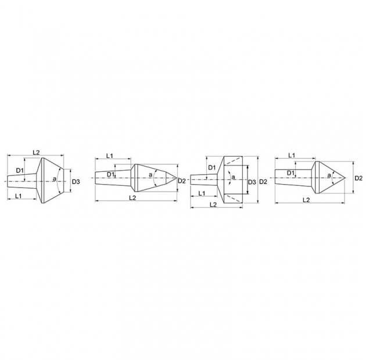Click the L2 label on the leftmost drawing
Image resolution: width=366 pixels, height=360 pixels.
[36, 153]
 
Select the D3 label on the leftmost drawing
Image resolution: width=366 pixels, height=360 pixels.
[76, 182]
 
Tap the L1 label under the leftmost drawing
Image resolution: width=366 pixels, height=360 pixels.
[19, 196]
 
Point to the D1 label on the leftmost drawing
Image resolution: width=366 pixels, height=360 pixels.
[20, 171]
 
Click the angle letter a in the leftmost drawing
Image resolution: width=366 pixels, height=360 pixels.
[54, 179]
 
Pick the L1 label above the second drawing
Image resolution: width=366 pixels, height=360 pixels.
[110, 156]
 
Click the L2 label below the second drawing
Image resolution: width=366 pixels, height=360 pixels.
[132, 197]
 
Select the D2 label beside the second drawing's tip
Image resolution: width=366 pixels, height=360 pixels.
[182, 181]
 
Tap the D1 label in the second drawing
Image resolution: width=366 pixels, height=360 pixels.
[110, 174]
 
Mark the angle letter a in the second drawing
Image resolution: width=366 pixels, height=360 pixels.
[150, 175]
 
